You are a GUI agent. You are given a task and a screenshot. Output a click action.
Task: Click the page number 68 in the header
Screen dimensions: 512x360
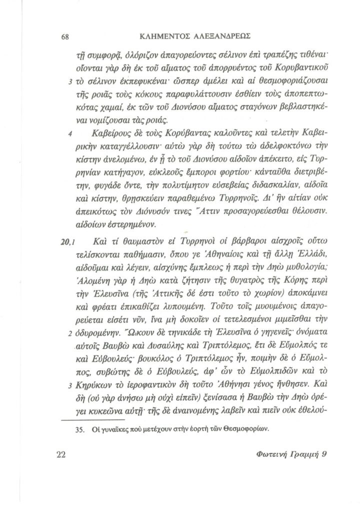pyautogui.click(x=64, y=37)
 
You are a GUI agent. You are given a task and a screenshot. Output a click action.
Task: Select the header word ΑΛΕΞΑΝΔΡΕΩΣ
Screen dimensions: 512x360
pyautogui.click(x=225, y=37)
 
